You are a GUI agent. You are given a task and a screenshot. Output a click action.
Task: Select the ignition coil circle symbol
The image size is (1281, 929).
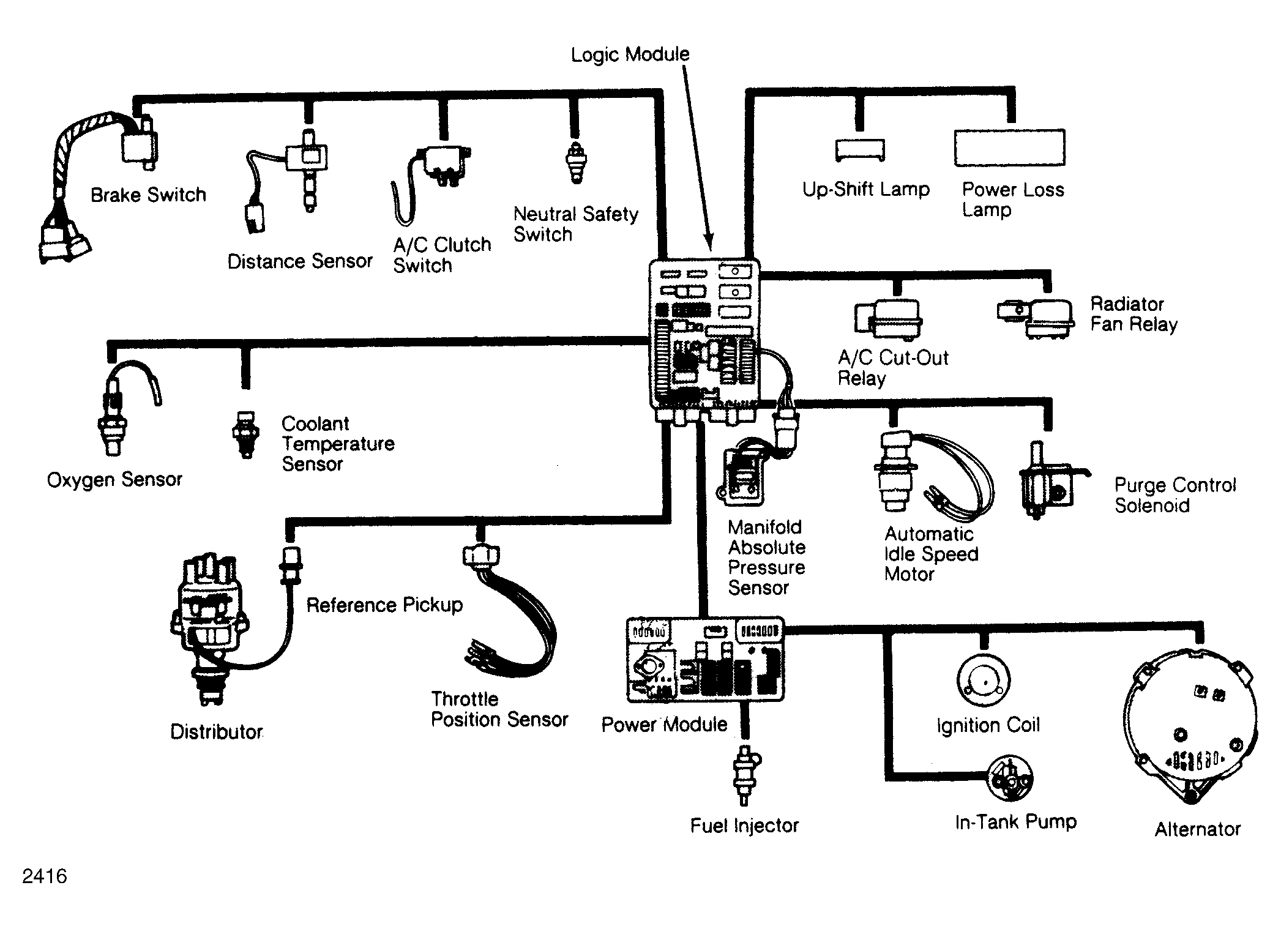pos(983,681)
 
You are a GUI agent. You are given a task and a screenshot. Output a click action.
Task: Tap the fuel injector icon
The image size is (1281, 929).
pos(745,774)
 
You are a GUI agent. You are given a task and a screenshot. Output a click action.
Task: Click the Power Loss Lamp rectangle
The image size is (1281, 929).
pos(1009,147)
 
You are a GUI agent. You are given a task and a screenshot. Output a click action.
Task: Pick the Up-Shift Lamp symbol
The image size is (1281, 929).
pos(860,150)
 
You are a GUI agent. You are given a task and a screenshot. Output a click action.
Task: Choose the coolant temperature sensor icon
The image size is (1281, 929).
pos(246,433)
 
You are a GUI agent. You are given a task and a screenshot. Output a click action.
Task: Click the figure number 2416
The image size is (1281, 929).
pos(45,876)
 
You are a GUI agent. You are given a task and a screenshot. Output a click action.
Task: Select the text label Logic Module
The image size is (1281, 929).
pos(630,54)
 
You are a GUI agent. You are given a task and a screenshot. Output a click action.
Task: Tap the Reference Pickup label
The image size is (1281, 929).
pos(384,605)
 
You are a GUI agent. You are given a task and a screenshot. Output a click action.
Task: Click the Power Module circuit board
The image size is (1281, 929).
pos(705,659)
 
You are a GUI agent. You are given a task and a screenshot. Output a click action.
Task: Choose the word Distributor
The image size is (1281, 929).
pos(217,732)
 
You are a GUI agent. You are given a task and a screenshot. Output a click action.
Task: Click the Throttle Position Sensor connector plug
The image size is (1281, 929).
pos(481,555)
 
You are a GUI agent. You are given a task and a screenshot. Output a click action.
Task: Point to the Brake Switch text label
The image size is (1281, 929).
pos(148,195)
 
